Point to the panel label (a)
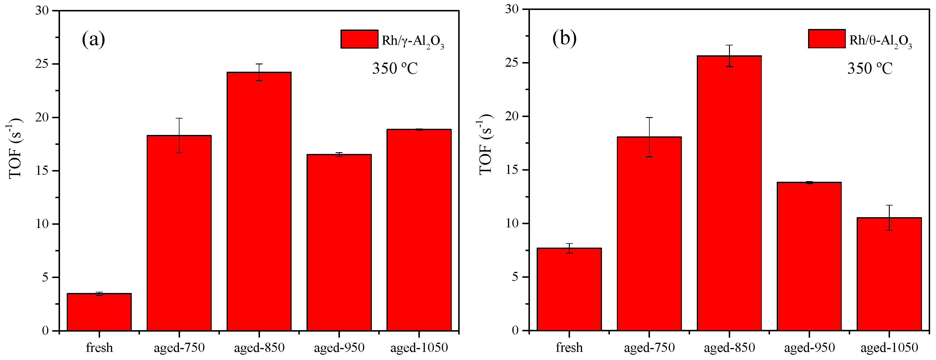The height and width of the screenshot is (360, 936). [93, 39]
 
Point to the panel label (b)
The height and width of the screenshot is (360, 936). [564, 38]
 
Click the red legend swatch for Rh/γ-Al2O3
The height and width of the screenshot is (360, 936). [359, 39]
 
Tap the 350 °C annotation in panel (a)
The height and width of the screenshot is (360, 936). [395, 68]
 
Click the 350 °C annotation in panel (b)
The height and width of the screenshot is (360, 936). [870, 68]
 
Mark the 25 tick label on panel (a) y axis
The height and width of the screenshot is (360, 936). [42, 64]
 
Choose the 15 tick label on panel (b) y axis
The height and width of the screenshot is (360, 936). [512, 170]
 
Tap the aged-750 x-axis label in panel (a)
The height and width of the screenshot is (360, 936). [179, 348]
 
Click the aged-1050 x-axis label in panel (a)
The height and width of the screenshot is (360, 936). [419, 348]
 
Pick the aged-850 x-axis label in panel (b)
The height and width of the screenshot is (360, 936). [729, 348]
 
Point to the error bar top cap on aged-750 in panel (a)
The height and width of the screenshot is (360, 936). [179, 118]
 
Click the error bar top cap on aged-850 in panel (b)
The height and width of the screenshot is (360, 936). [729, 45]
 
